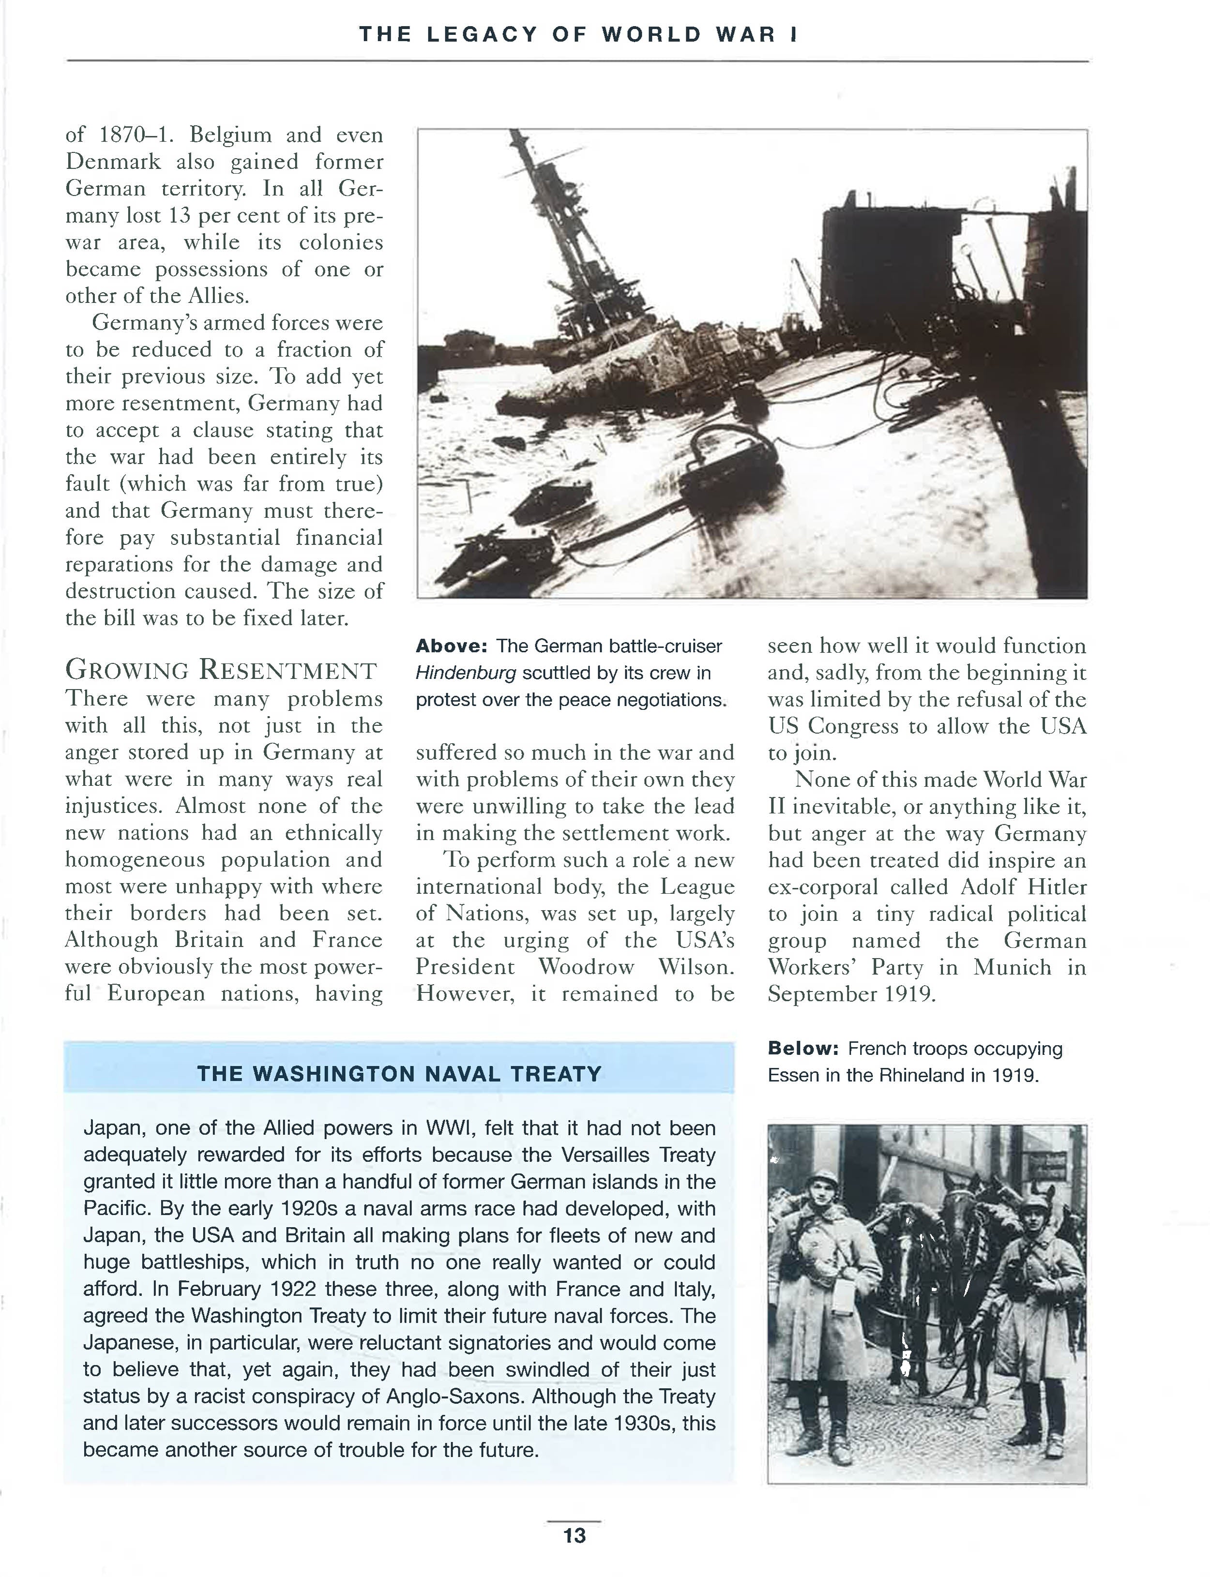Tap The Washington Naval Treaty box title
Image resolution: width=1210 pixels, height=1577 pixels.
coord(399,1074)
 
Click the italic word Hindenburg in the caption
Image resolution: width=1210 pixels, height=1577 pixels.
coord(465,673)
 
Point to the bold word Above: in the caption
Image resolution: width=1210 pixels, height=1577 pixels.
coord(452,646)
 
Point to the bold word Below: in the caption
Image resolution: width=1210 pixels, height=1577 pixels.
coord(803,1049)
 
